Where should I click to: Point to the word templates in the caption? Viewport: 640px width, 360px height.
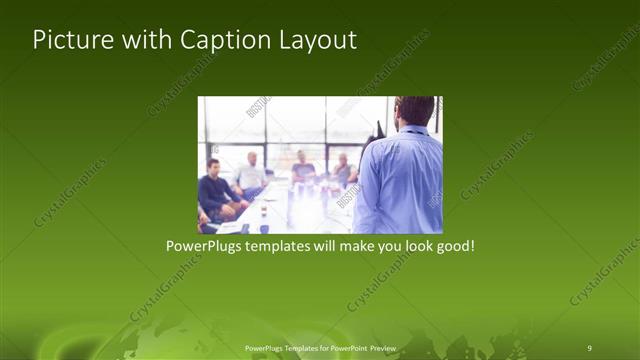pyautogui.click(x=282, y=245)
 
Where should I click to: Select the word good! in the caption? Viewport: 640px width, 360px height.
pyautogui.click(x=453, y=245)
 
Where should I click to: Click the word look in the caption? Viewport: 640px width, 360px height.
pyautogui.click(x=412, y=245)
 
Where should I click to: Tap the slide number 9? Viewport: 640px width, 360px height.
pyautogui.click(x=589, y=347)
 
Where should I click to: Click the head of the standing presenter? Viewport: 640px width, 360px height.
pyautogui.click(x=414, y=110)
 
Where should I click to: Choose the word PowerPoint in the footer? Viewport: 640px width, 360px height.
pyautogui.click(x=346, y=347)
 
